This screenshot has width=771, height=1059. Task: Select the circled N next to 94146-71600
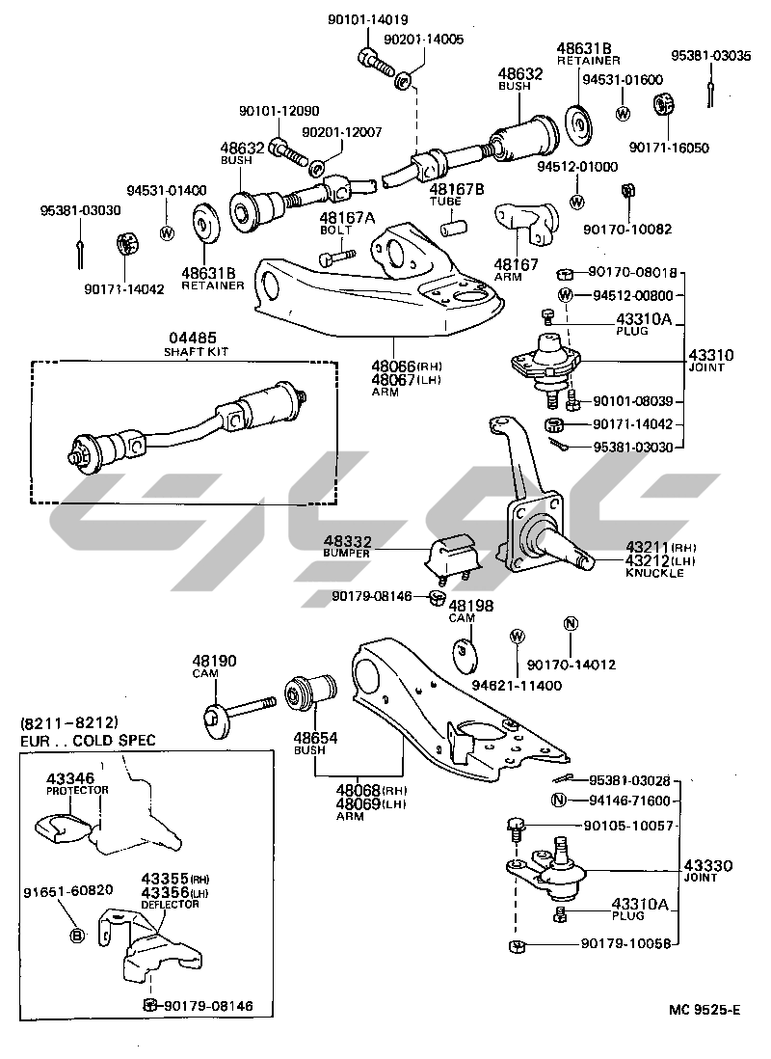(x=558, y=801)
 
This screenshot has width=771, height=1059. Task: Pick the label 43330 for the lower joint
(x=708, y=865)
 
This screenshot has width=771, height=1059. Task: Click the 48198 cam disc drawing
(x=465, y=653)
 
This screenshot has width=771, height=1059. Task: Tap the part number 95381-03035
(x=711, y=55)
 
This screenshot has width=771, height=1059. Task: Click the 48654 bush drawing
(x=310, y=692)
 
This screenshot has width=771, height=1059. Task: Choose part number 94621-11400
(x=517, y=685)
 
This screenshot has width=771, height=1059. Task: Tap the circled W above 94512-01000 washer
(x=577, y=202)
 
